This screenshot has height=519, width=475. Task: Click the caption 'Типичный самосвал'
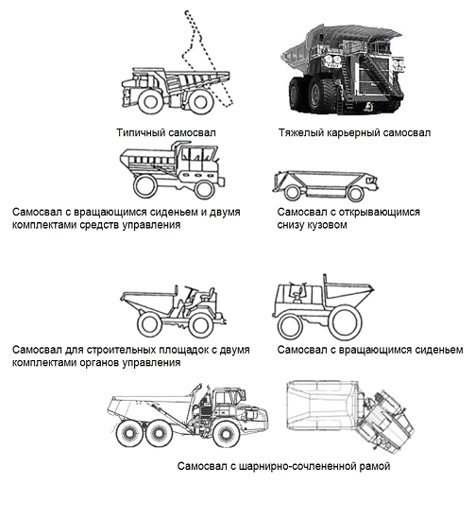pos(166,132)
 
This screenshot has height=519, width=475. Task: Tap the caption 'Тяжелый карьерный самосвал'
pos(354,132)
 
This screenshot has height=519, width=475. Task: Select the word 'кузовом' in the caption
pos(328,225)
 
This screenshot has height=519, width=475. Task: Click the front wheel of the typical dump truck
pos(150,101)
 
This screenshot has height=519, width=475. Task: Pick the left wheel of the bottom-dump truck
pos(292,193)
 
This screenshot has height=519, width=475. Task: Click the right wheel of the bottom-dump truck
pos(356,194)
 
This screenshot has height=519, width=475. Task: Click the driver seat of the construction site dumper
pos(209,294)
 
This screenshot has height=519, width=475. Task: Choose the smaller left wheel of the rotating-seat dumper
pos(290,326)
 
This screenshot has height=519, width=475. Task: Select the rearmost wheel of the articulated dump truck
pos(127,434)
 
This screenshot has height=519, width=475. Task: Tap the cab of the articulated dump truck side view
pos(229,397)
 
